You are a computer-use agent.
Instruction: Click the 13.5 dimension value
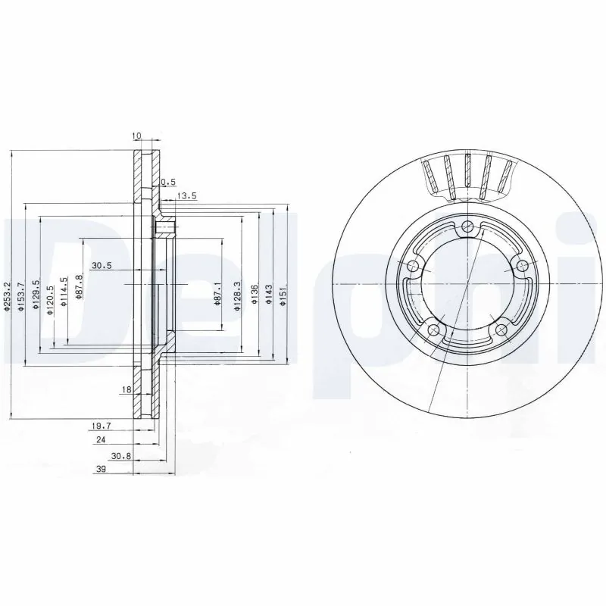click(x=186, y=196)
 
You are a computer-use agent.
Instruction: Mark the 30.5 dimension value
click(x=102, y=265)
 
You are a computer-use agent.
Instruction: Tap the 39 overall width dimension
click(x=100, y=470)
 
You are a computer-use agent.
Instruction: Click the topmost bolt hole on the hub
click(x=469, y=225)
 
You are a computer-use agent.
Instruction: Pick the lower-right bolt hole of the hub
click(x=501, y=330)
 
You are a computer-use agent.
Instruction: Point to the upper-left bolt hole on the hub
click(x=414, y=266)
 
